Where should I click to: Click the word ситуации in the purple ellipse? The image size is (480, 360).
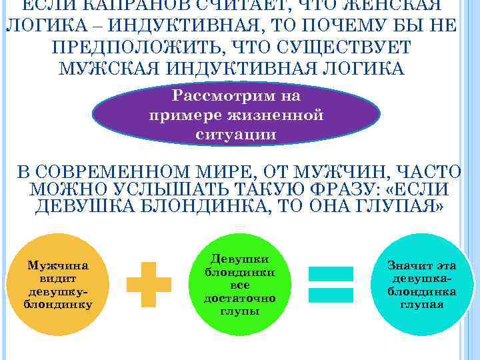[x=236, y=133]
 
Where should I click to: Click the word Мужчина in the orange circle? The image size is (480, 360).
[x=58, y=265]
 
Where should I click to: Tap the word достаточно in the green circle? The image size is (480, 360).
[x=239, y=298]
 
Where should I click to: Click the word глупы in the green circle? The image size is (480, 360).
[x=239, y=311]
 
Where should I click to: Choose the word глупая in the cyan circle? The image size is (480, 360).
[x=421, y=304]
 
